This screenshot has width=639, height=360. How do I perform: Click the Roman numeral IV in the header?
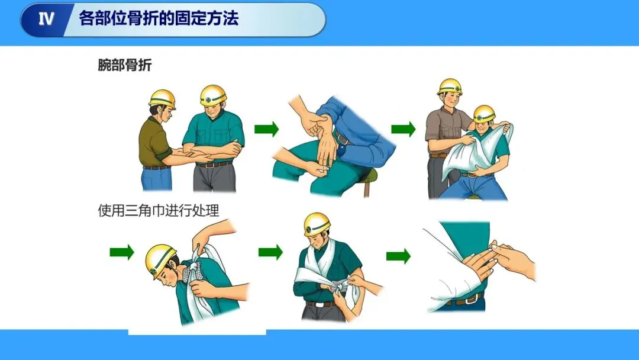click(x=46, y=19)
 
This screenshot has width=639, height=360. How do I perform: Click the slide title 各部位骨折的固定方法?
click(x=159, y=18)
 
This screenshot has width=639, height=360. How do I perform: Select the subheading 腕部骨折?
click(x=125, y=65)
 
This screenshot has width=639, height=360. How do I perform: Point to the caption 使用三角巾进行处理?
click(x=159, y=210)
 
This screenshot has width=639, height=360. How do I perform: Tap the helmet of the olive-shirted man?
click(x=162, y=99)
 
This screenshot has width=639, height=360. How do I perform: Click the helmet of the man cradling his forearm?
click(x=213, y=95)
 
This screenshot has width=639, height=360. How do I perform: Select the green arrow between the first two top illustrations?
click(x=266, y=129)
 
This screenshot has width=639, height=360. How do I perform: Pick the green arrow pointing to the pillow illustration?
click(x=404, y=129)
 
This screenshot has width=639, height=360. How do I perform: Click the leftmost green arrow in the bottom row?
click(x=122, y=252)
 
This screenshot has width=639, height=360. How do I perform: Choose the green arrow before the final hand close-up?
click(x=398, y=256)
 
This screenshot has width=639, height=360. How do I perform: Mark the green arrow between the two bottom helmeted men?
click(x=270, y=252)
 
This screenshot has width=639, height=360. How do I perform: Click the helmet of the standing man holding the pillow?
click(x=450, y=87)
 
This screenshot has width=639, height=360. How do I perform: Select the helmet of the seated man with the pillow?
click(x=484, y=113)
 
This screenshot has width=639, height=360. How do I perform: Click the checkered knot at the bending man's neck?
click(x=195, y=269)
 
